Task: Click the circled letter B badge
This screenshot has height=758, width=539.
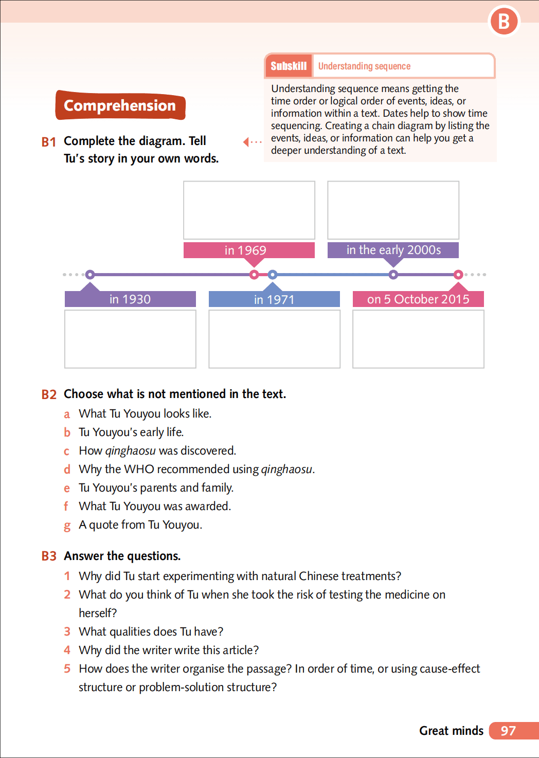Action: (504, 22)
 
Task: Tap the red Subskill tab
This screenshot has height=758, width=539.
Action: (289, 66)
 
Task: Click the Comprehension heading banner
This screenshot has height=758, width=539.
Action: (120, 105)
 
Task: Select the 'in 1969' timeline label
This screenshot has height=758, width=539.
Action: (249, 250)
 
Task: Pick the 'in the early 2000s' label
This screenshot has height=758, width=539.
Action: (393, 250)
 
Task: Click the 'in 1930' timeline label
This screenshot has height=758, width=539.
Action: (130, 299)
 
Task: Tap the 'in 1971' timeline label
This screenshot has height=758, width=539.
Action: (274, 299)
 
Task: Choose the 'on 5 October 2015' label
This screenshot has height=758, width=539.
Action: (418, 299)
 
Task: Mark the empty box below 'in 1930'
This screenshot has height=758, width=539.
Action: (130, 339)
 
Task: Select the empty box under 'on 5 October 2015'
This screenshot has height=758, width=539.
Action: (418, 339)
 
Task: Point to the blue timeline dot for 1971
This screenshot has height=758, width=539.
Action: (273, 275)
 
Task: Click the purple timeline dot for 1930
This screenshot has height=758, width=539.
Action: (90, 275)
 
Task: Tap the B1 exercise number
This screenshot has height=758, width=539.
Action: (49, 142)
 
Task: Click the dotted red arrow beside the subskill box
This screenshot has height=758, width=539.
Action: (252, 141)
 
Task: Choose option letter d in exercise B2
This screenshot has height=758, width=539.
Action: (67, 470)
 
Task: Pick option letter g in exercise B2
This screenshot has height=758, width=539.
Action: (67, 526)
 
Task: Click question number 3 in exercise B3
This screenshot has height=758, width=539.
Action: (67, 631)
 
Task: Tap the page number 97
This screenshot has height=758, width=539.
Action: (508, 731)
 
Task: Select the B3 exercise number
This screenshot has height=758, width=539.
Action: (49, 556)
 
